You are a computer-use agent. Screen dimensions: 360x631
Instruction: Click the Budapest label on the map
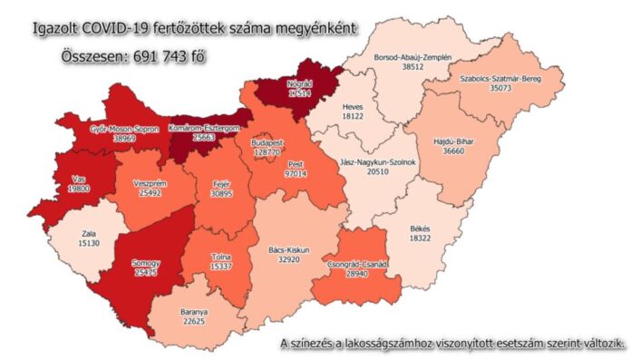click(268, 142)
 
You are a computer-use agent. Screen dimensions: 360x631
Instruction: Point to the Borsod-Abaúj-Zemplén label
click(413, 56)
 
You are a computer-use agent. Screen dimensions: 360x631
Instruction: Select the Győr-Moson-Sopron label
click(124, 130)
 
